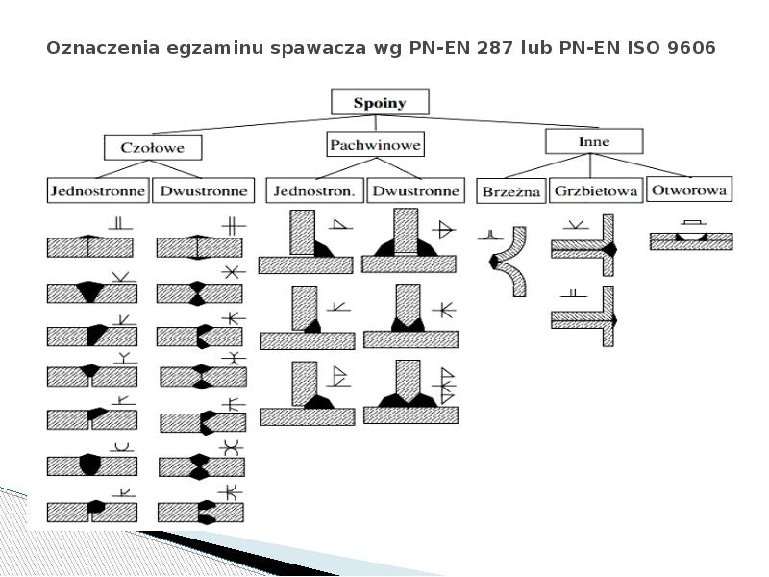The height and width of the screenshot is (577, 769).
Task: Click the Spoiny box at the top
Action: (x=380, y=102)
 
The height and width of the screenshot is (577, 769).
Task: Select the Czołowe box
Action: (x=155, y=147)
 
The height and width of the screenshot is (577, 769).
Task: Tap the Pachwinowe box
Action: (x=376, y=144)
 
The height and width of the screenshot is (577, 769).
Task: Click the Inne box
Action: (x=594, y=141)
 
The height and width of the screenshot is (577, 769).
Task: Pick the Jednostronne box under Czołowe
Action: (x=97, y=190)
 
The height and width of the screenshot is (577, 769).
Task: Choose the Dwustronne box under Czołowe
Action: (x=204, y=190)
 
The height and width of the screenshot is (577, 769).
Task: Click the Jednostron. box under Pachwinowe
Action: (x=313, y=190)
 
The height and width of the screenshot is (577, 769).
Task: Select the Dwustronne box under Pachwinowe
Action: (x=415, y=190)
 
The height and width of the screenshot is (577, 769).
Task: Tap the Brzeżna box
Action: (x=510, y=191)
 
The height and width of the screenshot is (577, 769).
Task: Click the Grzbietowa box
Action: (x=596, y=191)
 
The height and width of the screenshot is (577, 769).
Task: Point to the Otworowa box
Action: (x=688, y=189)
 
